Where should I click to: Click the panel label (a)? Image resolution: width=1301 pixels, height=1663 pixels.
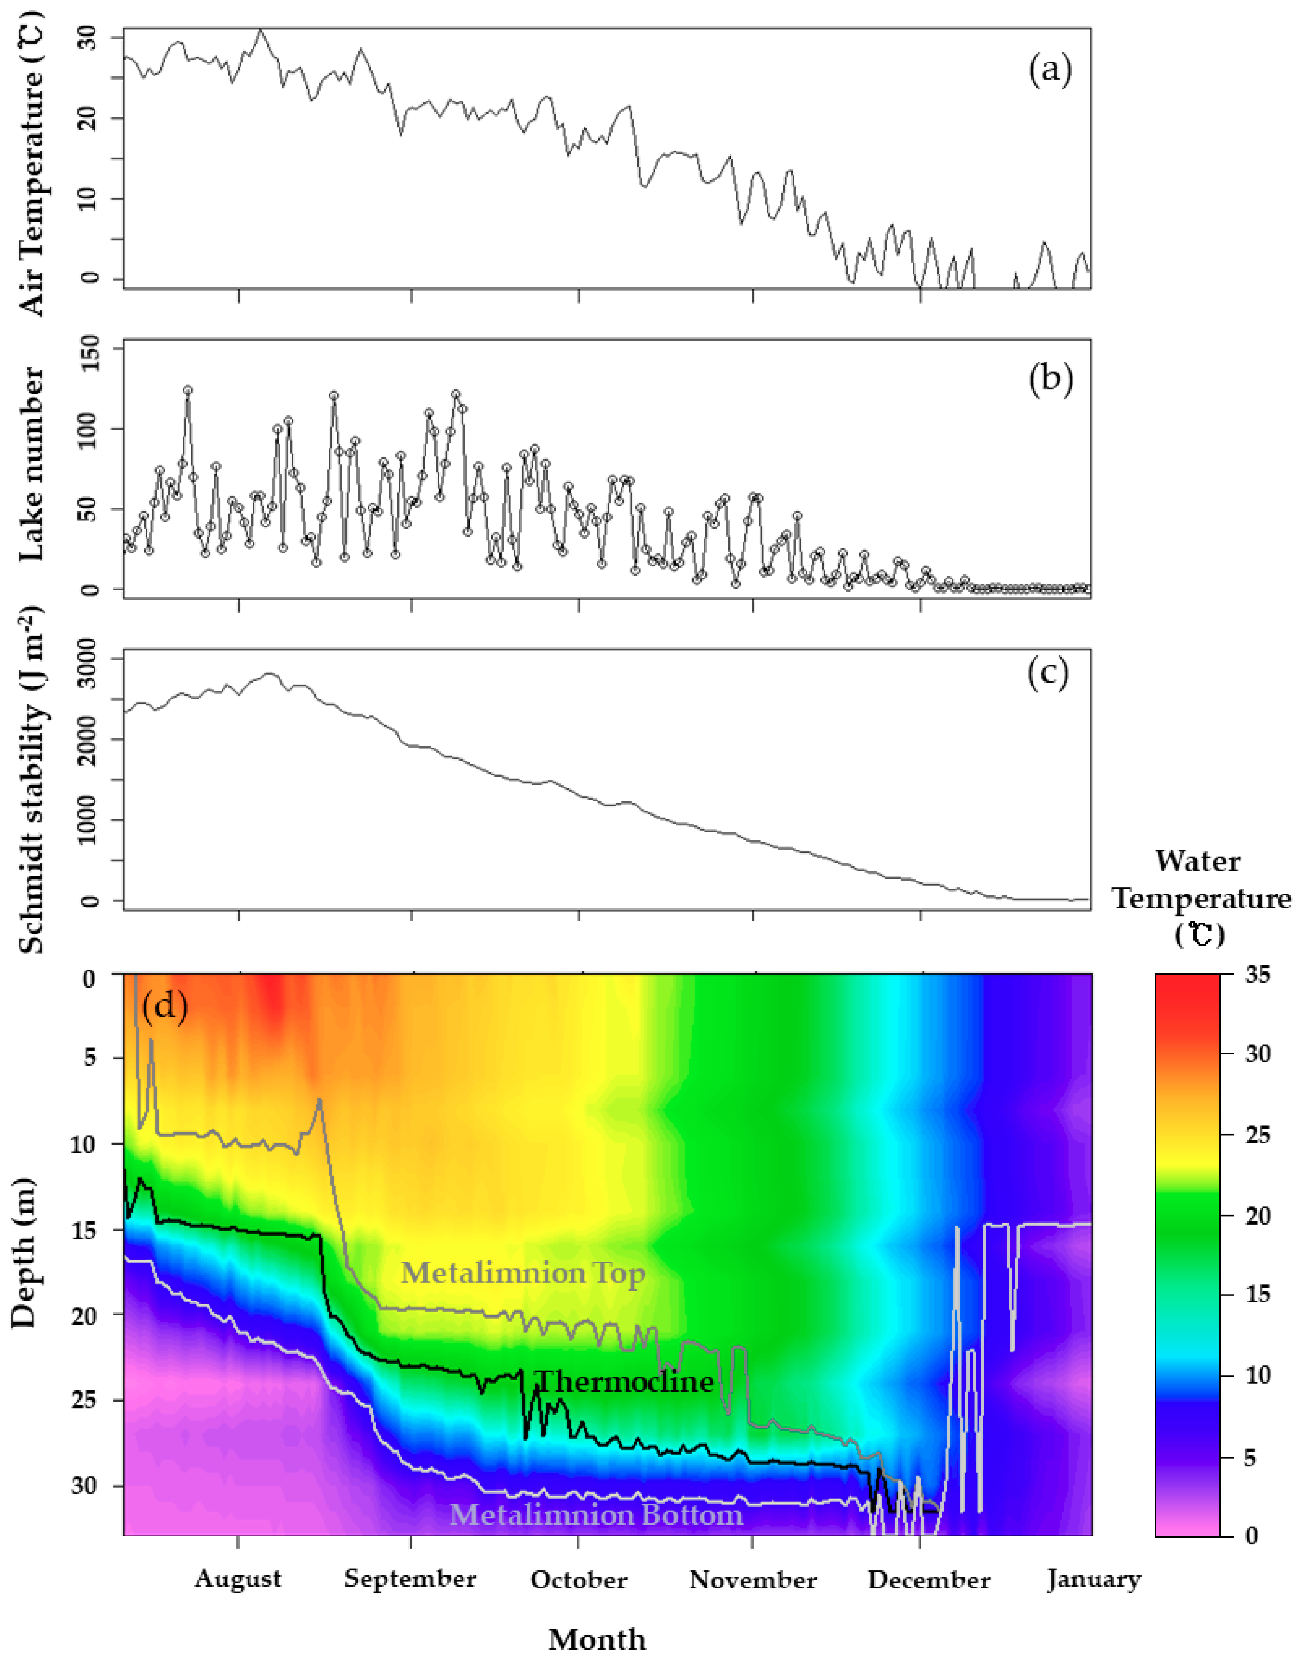click(x=1050, y=71)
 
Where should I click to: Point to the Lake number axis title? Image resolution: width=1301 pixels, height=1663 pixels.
click(x=32, y=465)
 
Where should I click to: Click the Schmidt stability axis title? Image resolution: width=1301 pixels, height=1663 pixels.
click(x=32, y=781)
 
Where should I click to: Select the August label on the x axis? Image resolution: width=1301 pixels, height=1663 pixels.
click(x=238, y=1579)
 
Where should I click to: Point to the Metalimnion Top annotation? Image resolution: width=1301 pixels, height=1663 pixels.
click(x=523, y=1272)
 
